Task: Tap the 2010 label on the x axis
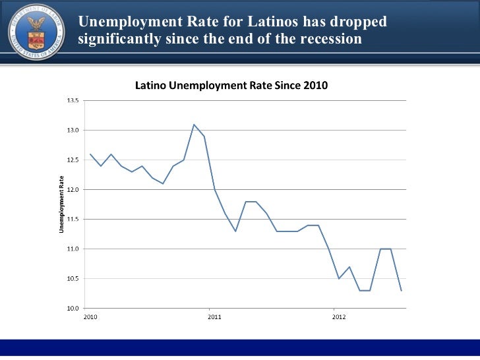(90, 317)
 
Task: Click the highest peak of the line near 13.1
(194, 125)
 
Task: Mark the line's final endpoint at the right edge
(401, 291)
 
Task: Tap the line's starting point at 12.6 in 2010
(90, 154)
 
